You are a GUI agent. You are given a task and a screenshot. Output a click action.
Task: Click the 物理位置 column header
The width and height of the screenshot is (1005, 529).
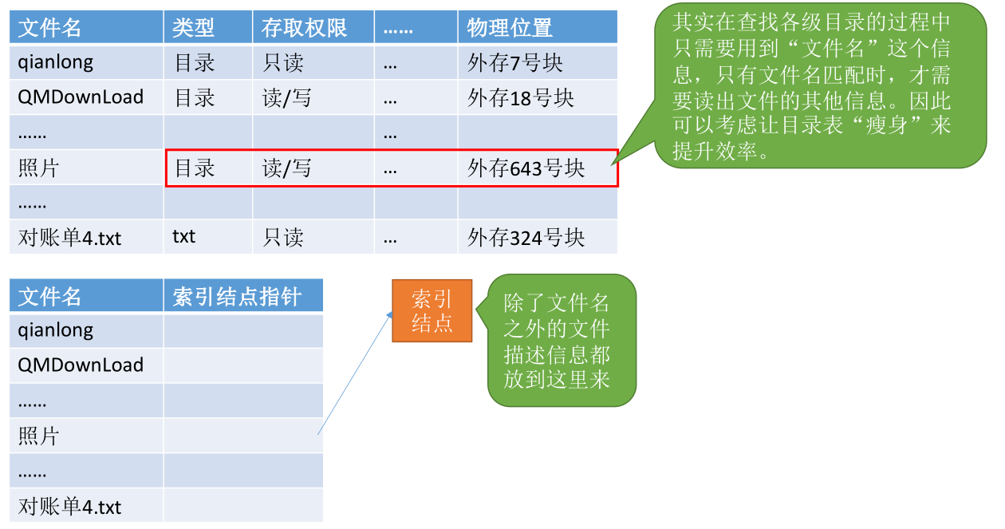pos(509,28)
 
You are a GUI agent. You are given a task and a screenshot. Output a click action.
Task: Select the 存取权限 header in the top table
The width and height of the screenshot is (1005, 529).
pos(304,28)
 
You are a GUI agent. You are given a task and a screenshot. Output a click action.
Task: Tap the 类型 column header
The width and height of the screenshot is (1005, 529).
pos(193,28)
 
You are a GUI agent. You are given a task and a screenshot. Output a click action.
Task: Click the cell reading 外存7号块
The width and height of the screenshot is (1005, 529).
pos(514,62)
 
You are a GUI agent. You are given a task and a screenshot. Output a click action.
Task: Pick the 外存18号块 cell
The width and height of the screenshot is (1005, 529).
pos(520,98)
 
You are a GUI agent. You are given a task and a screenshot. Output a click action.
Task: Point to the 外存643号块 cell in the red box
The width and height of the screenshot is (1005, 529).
pos(526,168)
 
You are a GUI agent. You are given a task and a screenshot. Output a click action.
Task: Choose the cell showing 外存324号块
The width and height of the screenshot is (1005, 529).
pos(526,237)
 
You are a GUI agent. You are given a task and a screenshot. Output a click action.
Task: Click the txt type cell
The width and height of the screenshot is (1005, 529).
pos(184,236)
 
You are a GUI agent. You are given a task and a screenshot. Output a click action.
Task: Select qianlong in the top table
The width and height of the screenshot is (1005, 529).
pos(56,62)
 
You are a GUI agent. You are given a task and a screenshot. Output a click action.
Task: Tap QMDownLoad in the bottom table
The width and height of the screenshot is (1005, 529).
pos(81,365)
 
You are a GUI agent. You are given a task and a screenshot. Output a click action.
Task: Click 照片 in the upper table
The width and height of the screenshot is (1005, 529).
pos(38,168)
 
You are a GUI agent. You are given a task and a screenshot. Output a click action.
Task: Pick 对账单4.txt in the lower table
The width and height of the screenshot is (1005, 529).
pos(69,507)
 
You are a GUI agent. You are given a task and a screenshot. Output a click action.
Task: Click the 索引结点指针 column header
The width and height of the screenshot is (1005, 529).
pos(237,297)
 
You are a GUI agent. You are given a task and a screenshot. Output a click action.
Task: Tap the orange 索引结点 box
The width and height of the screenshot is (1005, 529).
pos(432,311)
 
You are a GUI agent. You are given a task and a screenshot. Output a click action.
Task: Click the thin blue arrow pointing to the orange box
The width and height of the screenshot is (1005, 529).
pos(355,373)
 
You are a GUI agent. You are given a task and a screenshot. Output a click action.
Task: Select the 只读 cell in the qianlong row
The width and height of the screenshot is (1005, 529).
pos(283,62)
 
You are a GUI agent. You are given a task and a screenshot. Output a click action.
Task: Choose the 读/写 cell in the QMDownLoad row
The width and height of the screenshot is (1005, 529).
pos(286,98)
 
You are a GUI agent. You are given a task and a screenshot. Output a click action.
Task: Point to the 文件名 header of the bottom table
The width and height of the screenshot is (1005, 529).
pos(49,297)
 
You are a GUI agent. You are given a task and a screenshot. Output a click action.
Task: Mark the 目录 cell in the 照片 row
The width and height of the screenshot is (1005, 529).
pos(195,168)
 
